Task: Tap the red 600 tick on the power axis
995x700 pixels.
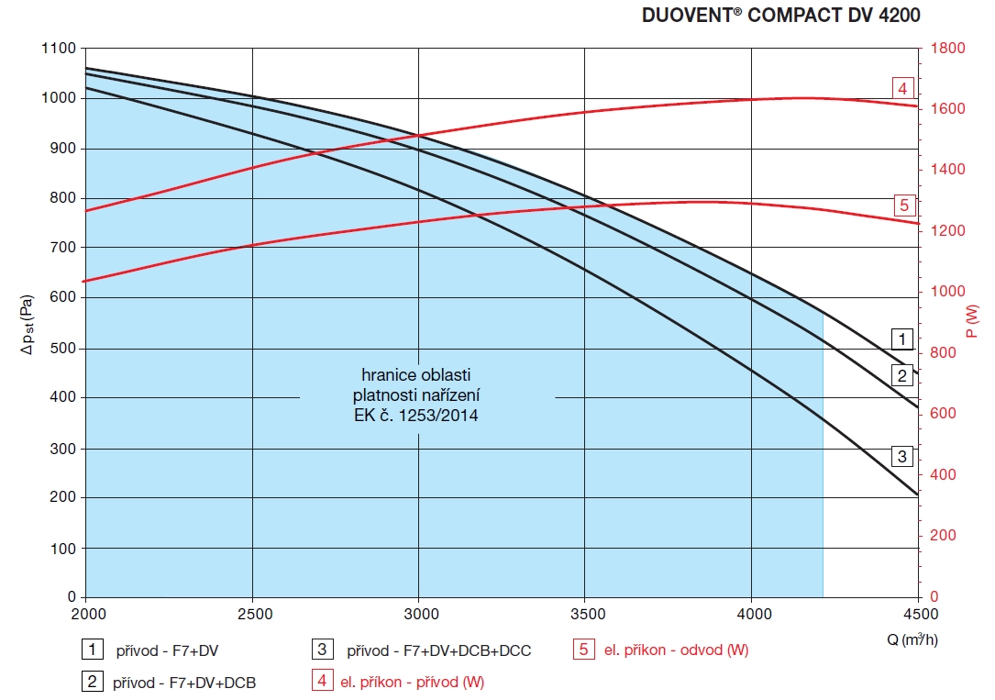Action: [x=943, y=414]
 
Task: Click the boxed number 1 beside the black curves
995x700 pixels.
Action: [x=902, y=339]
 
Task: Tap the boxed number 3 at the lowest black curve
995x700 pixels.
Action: [x=902, y=456]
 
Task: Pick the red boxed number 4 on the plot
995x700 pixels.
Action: [x=902, y=88]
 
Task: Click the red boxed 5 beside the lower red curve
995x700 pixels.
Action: [x=902, y=205]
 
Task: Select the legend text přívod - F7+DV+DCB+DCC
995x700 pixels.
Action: [x=438, y=651]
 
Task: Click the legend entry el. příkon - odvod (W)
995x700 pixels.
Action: [x=676, y=651]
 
